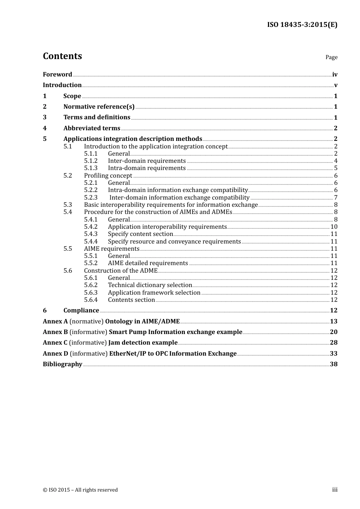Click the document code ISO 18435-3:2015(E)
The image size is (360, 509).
tap(302, 25)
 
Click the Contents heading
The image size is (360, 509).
tap(62, 56)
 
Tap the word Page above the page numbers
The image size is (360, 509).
tap(331, 57)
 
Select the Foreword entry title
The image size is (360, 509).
tap(57, 74)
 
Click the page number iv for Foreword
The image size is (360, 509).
tap(335, 74)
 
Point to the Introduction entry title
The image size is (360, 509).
tap(62, 85)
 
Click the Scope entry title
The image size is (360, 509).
tap(72, 96)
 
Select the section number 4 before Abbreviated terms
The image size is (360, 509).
tap(45, 128)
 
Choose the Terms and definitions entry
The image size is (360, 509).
tap(97, 117)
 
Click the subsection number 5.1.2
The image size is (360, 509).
tap(91, 161)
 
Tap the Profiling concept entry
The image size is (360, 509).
tap(108, 175)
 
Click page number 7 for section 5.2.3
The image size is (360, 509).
tap(335, 197)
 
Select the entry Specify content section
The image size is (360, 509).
tap(140, 234)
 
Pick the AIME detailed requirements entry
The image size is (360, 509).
tap(148, 263)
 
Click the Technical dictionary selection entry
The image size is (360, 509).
tap(150, 285)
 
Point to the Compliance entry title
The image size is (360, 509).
tap(81, 310)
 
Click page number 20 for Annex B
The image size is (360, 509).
tap(333, 332)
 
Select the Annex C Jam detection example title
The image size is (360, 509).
tap(110, 342)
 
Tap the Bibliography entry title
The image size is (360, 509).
tap(63, 364)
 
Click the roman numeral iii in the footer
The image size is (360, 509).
tap(335, 490)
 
